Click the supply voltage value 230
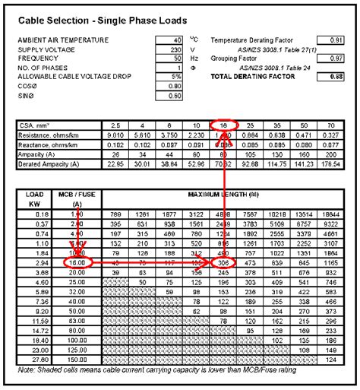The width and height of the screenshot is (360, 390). point(175,48)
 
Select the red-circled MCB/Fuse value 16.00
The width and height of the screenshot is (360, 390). point(77,262)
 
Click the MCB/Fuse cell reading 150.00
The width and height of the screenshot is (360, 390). point(77,359)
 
